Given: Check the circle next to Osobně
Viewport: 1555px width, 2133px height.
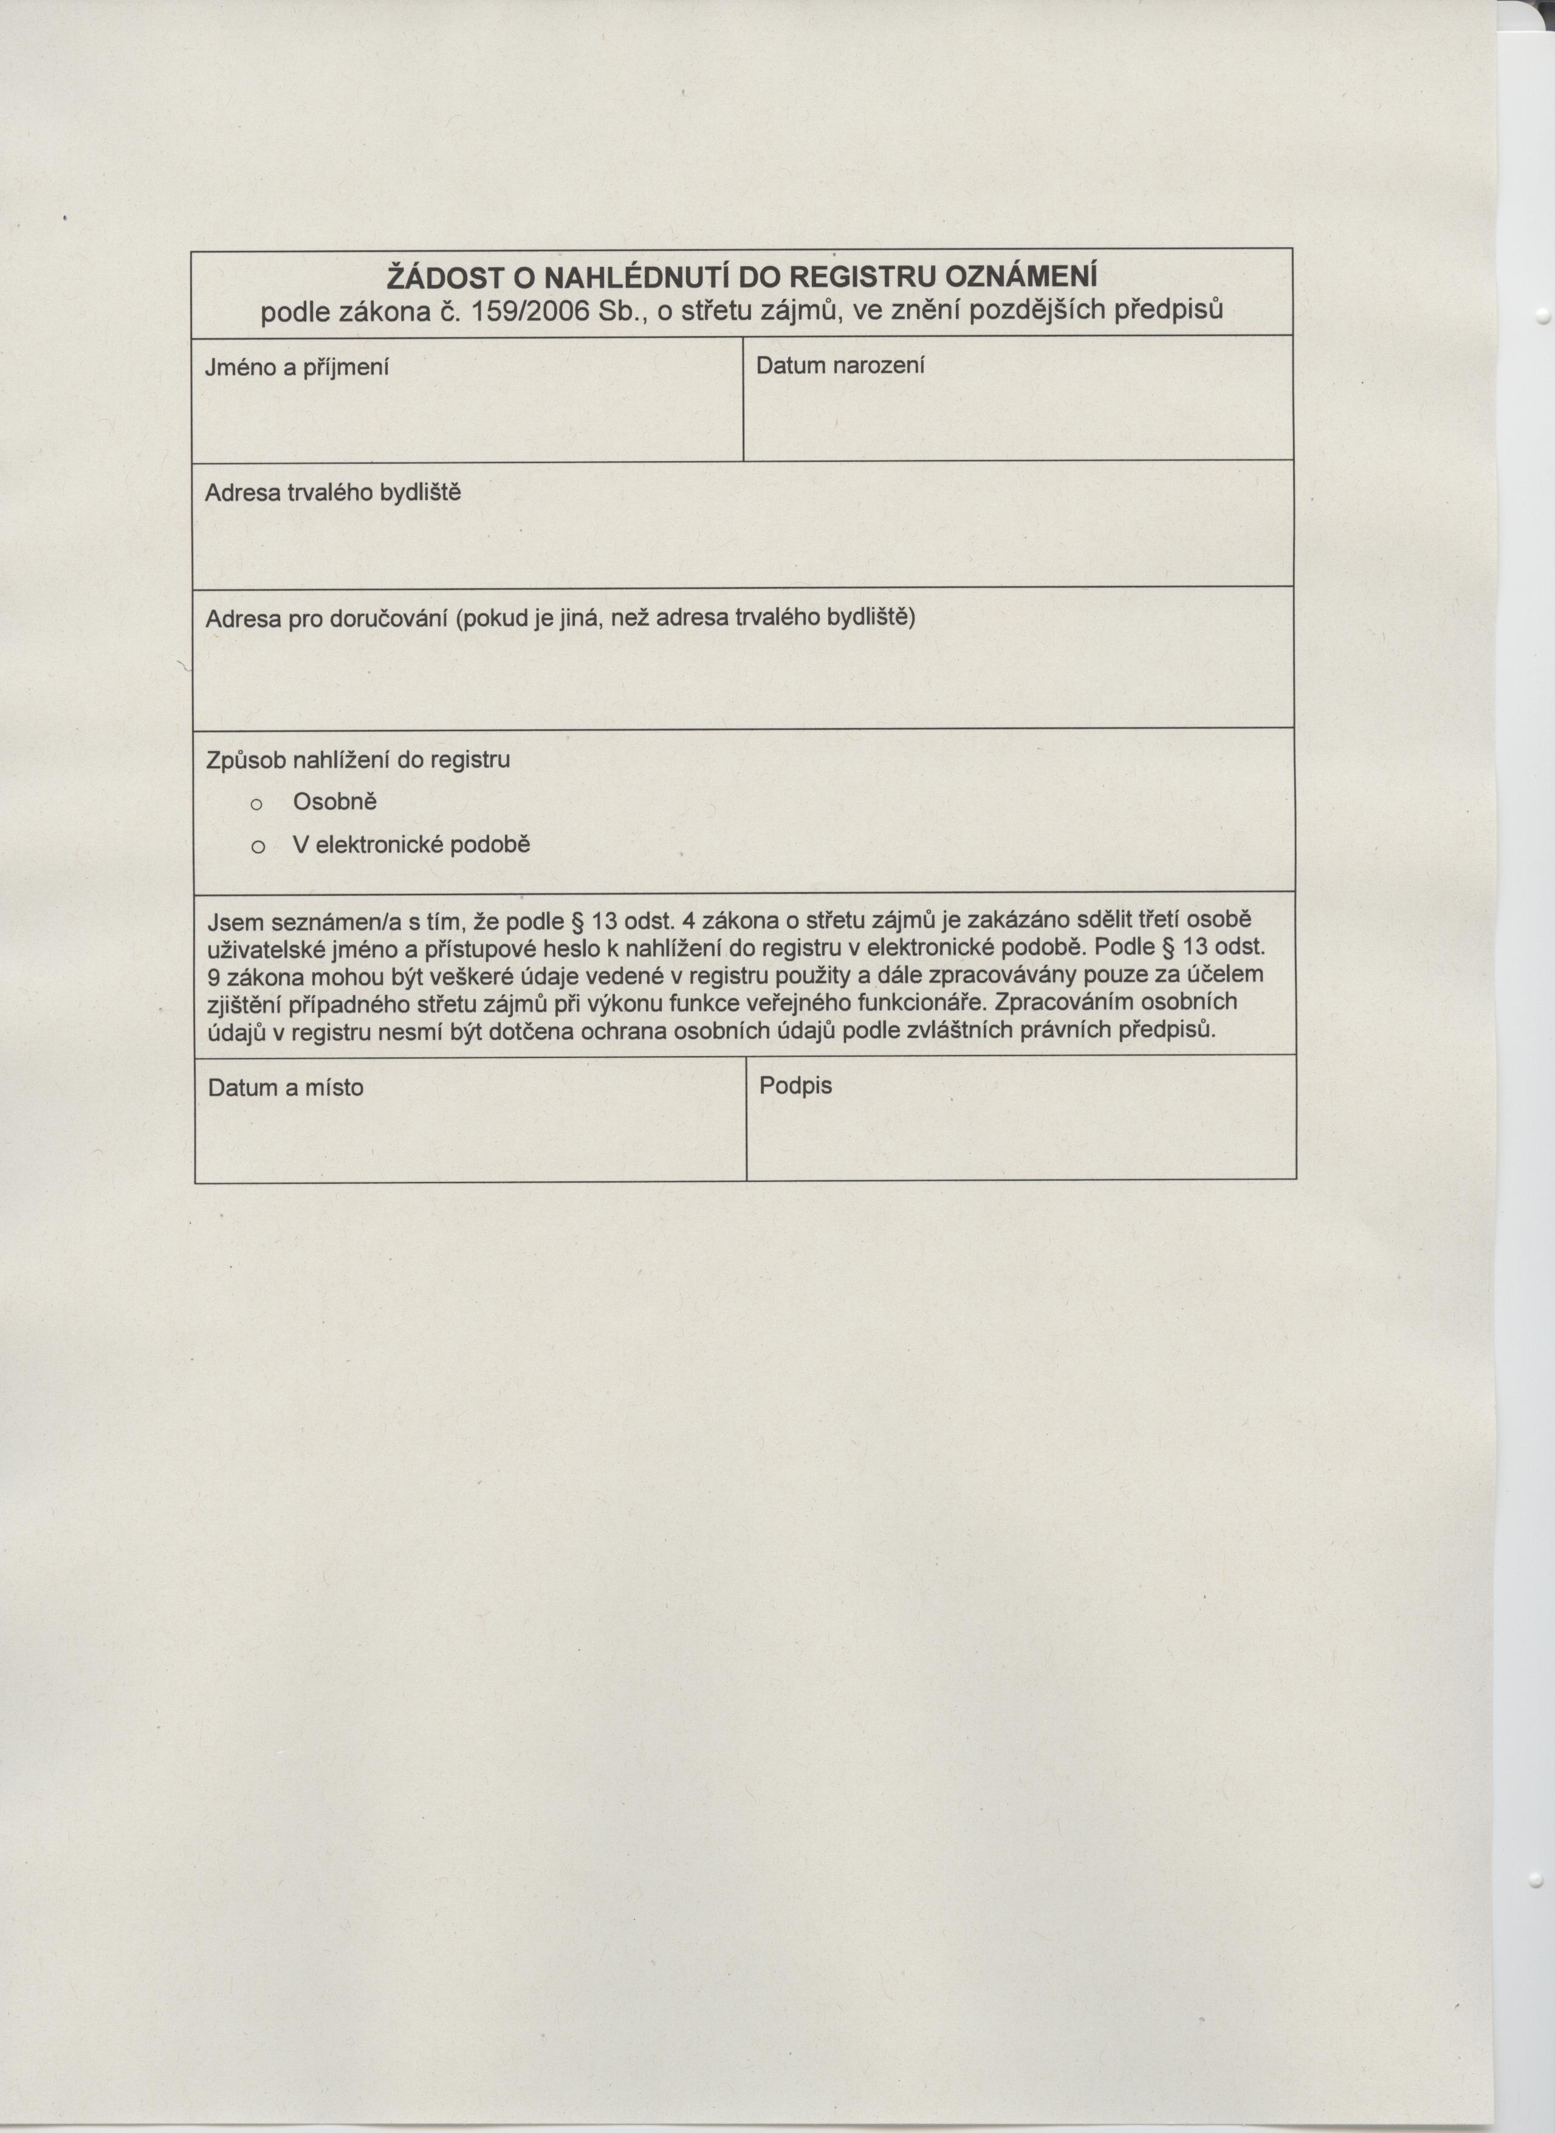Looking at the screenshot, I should [256, 805].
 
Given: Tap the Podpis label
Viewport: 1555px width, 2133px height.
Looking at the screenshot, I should [795, 1085].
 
